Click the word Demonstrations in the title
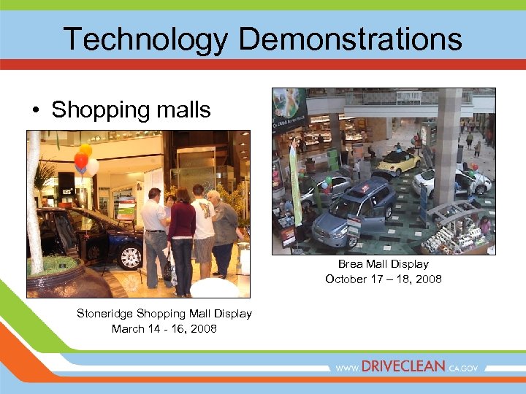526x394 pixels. [351, 39]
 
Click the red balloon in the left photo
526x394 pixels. [81, 160]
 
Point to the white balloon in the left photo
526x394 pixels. [93, 168]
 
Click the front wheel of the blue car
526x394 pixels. [131, 256]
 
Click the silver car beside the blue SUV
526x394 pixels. [324, 190]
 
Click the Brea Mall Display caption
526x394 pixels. [383, 264]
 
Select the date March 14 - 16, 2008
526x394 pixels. [164, 328]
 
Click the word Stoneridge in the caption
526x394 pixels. [105, 313]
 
